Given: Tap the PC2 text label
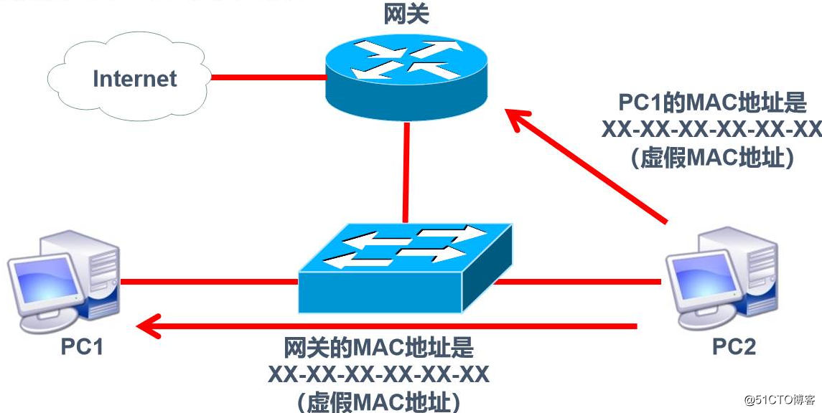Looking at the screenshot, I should click(x=734, y=347).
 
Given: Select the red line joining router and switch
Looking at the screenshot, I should click(x=406, y=172).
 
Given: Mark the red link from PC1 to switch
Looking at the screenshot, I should click(x=208, y=282).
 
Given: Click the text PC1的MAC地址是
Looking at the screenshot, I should click(x=711, y=104).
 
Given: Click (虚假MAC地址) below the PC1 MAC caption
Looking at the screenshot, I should click(x=712, y=158).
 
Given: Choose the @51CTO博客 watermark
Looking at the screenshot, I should click(x=779, y=399).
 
